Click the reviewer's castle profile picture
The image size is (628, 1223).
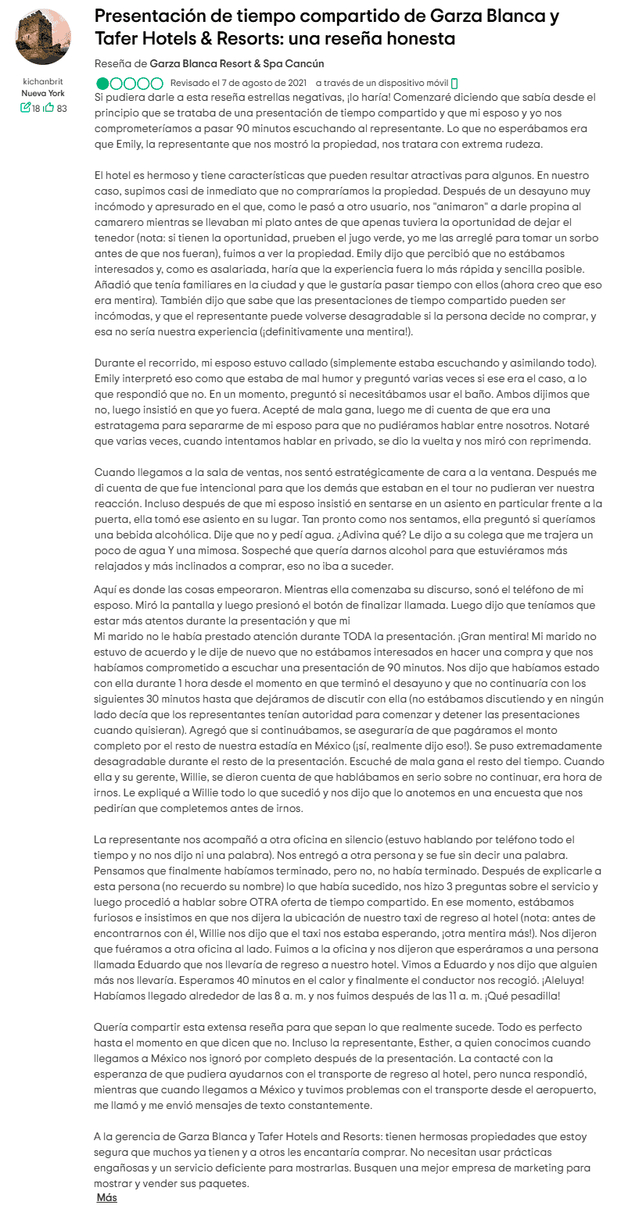pos(43,38)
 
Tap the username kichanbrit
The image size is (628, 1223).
pos(43,81)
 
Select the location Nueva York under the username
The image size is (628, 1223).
pos(43,93)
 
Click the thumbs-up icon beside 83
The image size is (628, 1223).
pos(48,108)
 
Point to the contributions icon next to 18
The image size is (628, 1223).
pos(25,108)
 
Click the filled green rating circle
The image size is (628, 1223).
pos(102,83)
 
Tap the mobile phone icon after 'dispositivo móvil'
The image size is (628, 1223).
pos(454,83)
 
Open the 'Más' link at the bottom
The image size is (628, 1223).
pos(106,1197)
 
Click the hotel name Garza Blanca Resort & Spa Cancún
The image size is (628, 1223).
pos(236,63)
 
